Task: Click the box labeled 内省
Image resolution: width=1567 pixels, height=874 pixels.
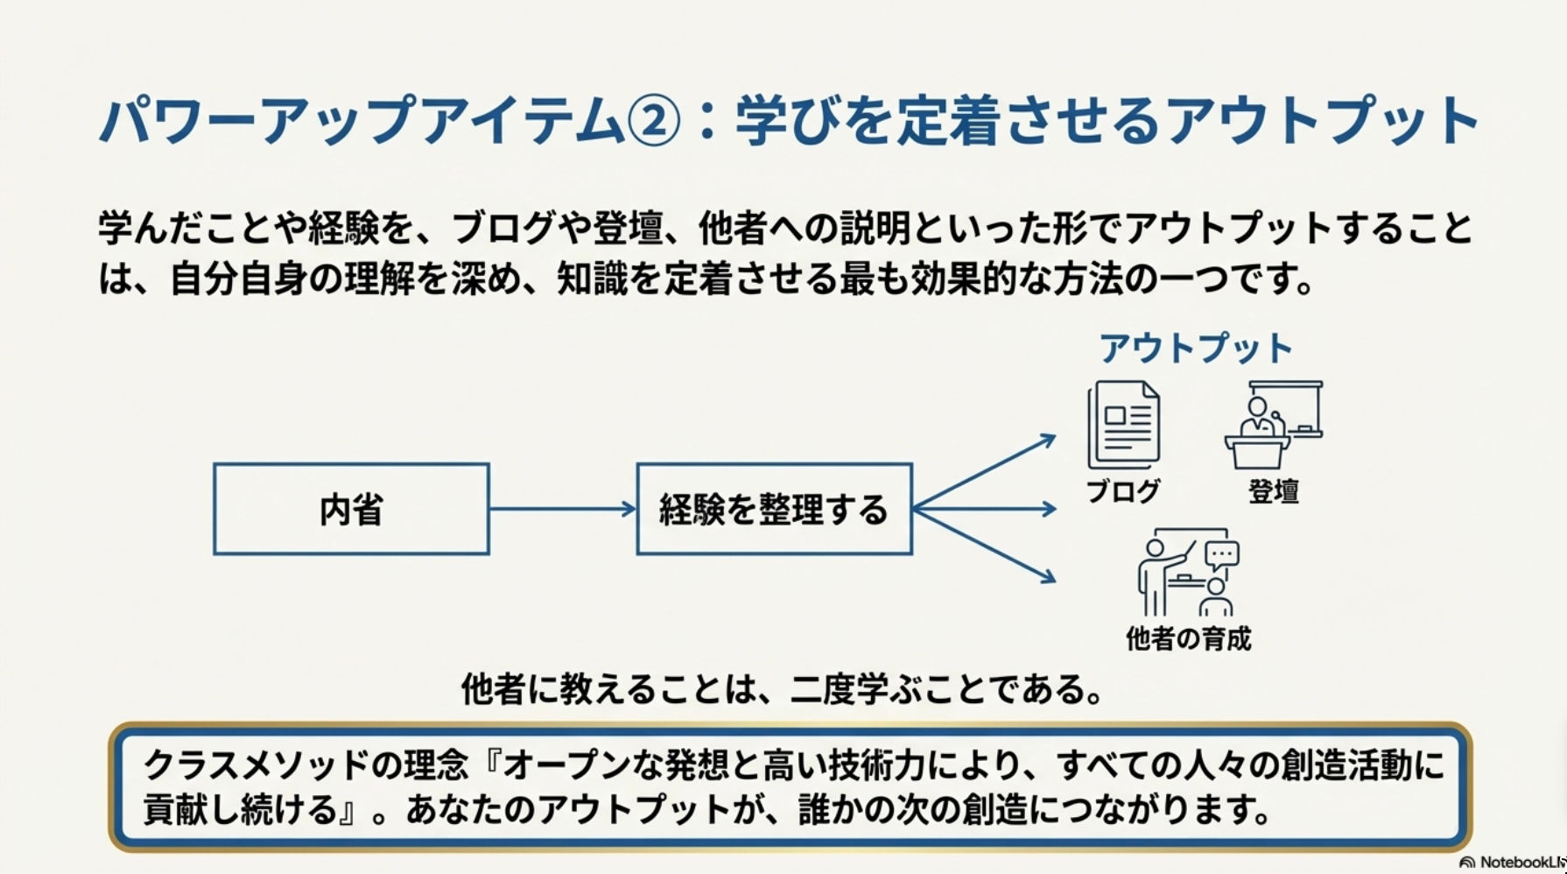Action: (x=351, y=509)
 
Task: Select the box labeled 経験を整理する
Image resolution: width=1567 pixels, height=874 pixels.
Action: (x=774, y=509)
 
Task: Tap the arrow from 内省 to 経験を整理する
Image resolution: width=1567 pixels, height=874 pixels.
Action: (x=562, y=509)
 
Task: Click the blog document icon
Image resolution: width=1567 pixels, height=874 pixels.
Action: (x=1124, y=425)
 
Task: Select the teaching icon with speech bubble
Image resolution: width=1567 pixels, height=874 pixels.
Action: (x=1189, y=573)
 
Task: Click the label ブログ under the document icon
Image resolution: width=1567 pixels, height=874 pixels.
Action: (x=1123, y=491)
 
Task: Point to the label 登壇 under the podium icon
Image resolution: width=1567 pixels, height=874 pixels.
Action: (x=1273, y=491)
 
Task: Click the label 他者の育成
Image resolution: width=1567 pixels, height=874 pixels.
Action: (x=1188, y=638)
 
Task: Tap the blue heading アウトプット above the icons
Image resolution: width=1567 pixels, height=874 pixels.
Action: (x=1196, y=349)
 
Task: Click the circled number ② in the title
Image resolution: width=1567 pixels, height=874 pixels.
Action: (x=654, y=121)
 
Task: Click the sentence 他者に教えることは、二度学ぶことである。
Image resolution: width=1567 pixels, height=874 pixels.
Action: (x=783, y=689)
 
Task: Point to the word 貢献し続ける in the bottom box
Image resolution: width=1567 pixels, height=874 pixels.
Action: (x=240, y=810)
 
